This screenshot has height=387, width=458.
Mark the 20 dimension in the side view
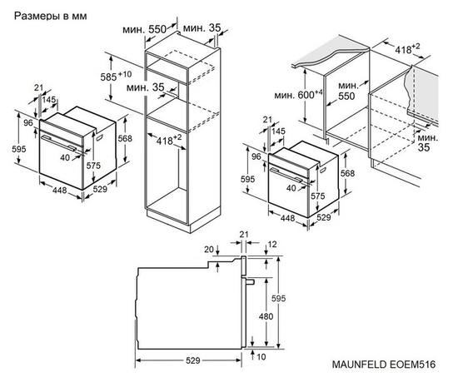[207, 248]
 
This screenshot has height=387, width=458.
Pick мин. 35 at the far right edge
[428, 142]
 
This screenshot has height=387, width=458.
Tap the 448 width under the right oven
[287, 218]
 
